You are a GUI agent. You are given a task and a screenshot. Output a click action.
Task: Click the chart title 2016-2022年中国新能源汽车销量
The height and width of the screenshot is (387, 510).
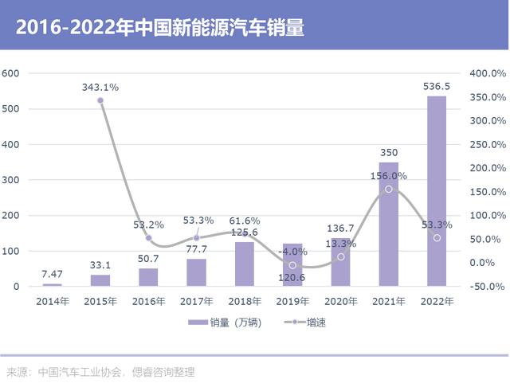pos(160,27)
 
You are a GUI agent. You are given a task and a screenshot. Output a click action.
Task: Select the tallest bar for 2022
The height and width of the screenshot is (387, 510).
pos(437,191)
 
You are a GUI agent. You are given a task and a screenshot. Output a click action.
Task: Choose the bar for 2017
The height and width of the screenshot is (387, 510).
pos(196,272)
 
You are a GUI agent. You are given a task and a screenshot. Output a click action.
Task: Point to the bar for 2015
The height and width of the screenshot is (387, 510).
pos(100,279)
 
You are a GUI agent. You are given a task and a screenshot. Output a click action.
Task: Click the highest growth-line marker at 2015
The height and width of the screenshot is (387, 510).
pos(100,100)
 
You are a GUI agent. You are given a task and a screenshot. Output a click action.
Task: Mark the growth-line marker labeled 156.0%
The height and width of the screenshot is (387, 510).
pos(389,189)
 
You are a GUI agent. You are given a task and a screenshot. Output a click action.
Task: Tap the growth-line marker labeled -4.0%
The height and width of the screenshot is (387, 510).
pos(292,265)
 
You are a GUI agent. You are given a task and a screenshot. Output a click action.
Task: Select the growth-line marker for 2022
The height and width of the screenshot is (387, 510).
pos(437,238)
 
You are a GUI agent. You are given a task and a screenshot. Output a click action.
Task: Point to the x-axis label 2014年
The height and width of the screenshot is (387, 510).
pos(52,301)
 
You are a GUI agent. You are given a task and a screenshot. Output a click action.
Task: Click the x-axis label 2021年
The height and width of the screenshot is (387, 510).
pos(389,301)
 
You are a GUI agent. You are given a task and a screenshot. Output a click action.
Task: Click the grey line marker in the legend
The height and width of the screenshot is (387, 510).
pos(293,323)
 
